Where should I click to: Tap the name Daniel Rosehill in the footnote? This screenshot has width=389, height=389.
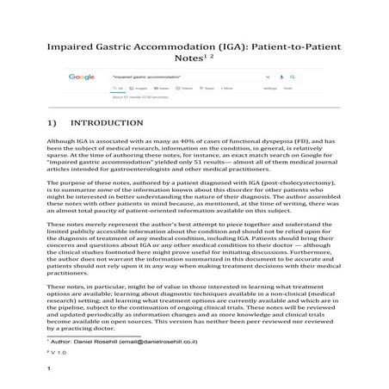click(104, 343)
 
